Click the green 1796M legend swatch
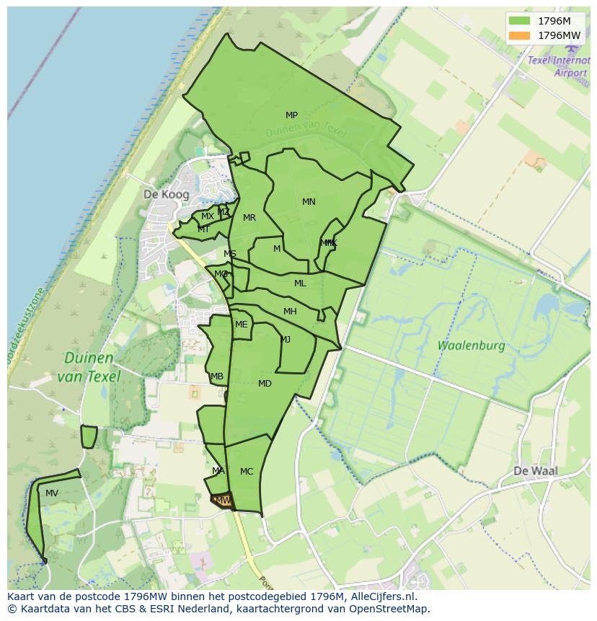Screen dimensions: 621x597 (518, 21)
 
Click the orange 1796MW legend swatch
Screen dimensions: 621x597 (518, 35)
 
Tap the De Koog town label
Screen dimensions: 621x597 (166, 195)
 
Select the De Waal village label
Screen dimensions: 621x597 (536, 471)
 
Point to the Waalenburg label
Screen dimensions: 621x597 (471, 345)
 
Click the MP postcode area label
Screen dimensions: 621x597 (291, 115)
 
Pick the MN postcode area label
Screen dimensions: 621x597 (309, 202)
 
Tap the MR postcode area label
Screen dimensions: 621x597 (249, 218)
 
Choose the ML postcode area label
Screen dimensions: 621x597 (300, 283)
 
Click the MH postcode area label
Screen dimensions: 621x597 (290, 312)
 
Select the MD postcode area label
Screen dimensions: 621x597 (265, 384)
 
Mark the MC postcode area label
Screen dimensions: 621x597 (247, 472)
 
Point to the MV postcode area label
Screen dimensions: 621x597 (52, 493)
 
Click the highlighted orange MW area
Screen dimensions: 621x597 (224, 501)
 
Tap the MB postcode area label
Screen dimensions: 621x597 (217, 376)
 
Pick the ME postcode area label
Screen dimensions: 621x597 (241, 325)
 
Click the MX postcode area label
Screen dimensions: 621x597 (207, 216)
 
